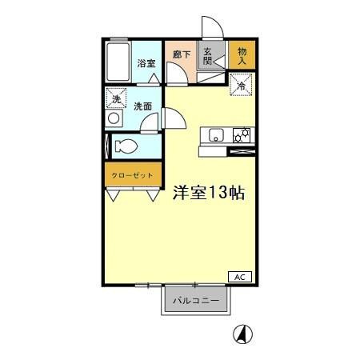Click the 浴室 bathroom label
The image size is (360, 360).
point(145,62)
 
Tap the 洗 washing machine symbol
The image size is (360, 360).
point(114,99)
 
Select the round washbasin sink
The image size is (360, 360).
point(114,118)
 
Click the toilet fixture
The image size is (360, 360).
point(124,146)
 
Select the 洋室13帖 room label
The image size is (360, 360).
point(208,193)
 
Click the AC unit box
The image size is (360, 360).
point(239,276)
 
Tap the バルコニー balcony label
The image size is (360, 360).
point(198,302)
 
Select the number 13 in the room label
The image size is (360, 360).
point(217,193)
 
